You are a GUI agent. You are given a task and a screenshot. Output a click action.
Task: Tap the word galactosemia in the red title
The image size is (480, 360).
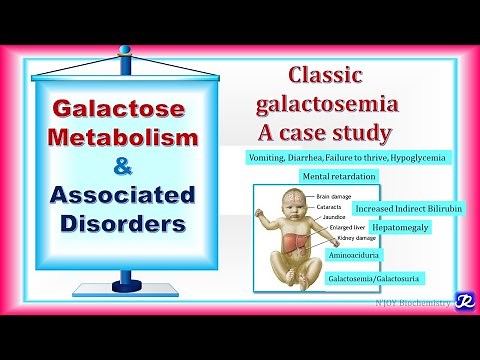330,104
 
